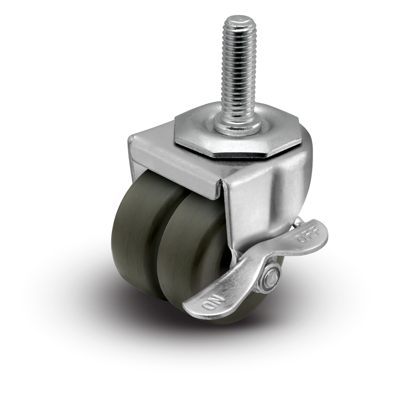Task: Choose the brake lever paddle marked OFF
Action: pos(299,238)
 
